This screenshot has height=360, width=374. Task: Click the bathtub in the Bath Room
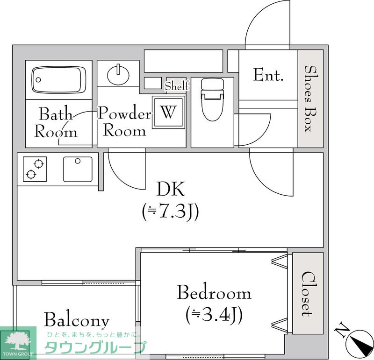point(59,80)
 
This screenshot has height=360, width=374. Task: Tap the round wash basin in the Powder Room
point(118,75)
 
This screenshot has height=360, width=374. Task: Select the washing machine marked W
point(169,112)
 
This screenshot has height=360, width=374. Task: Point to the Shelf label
point(177,86)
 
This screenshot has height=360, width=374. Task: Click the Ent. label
point(268,75)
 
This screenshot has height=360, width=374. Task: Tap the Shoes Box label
point(310,99)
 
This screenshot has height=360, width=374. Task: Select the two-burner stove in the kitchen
point(35,169)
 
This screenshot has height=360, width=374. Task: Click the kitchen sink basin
point(78,169)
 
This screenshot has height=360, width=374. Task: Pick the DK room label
point(170,189)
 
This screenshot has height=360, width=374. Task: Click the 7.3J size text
point(170,212)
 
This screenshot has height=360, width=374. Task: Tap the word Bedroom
point(214,292)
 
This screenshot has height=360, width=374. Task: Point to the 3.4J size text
point(214,315)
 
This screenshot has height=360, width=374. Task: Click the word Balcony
point(77,320)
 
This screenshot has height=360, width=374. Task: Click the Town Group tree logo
point(18,343)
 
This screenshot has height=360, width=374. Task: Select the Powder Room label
point(124,121)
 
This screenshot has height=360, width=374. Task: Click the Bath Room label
point(56,123)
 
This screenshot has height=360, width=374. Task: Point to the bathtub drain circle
point(38,80)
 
